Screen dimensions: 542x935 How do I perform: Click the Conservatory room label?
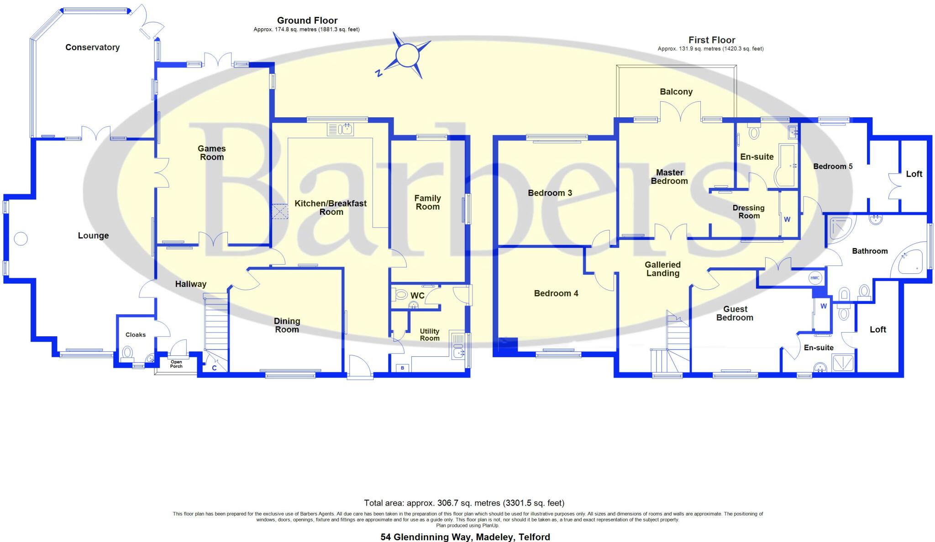point(92,47)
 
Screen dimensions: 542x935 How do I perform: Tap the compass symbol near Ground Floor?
point(407,56)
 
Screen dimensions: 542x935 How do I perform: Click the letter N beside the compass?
point(378,73)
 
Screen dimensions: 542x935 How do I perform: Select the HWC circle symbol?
point(815,278)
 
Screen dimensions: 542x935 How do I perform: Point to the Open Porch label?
point(176,364)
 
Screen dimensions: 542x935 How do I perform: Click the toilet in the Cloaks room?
point(128,353)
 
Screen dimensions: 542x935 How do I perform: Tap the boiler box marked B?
point(403,368)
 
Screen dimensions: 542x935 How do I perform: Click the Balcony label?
point(676,92)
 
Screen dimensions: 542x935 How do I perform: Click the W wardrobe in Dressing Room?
point(787,219)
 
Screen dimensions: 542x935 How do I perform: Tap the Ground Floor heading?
point(307,21)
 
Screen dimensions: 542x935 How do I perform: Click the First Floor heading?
point(712,40)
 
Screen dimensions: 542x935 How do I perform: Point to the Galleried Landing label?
point(662,269)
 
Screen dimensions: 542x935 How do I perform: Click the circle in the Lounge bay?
point(21,239)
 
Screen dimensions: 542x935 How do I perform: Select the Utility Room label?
point(430,334)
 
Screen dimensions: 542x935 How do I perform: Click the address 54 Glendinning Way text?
point(465,537)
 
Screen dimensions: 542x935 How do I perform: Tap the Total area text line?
point(464,503)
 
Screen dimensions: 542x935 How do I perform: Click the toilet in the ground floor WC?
point(400,295)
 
